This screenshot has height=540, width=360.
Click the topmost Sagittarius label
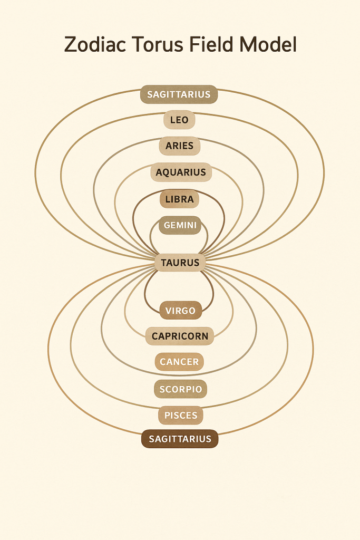click(x=179, y=94)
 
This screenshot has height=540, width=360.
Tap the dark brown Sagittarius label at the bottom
click(x=180, y=439)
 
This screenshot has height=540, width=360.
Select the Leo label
click(x=179, y=120)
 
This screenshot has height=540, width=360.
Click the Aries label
click(x=180, y=146)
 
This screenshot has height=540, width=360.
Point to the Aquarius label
click(x=181, y=172)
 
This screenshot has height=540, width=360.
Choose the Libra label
click(x=179, y=199)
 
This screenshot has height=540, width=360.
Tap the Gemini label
click(x=180, y=225)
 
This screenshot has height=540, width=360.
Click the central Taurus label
click(x=180, y=262)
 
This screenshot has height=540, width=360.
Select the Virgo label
click(x=180, y=311)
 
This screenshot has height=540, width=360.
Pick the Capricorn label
click(x=180, y=336)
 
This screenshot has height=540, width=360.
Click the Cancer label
click(x=180, y=362)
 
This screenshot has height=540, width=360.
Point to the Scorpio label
click(x=180, y=389)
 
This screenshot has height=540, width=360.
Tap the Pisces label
click(x=181, y=415)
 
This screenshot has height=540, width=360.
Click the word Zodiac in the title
click(x=93, y=45)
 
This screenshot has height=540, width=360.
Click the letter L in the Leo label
click(x=172, y=120)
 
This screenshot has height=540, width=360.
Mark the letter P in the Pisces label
click(x=167, y=415)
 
